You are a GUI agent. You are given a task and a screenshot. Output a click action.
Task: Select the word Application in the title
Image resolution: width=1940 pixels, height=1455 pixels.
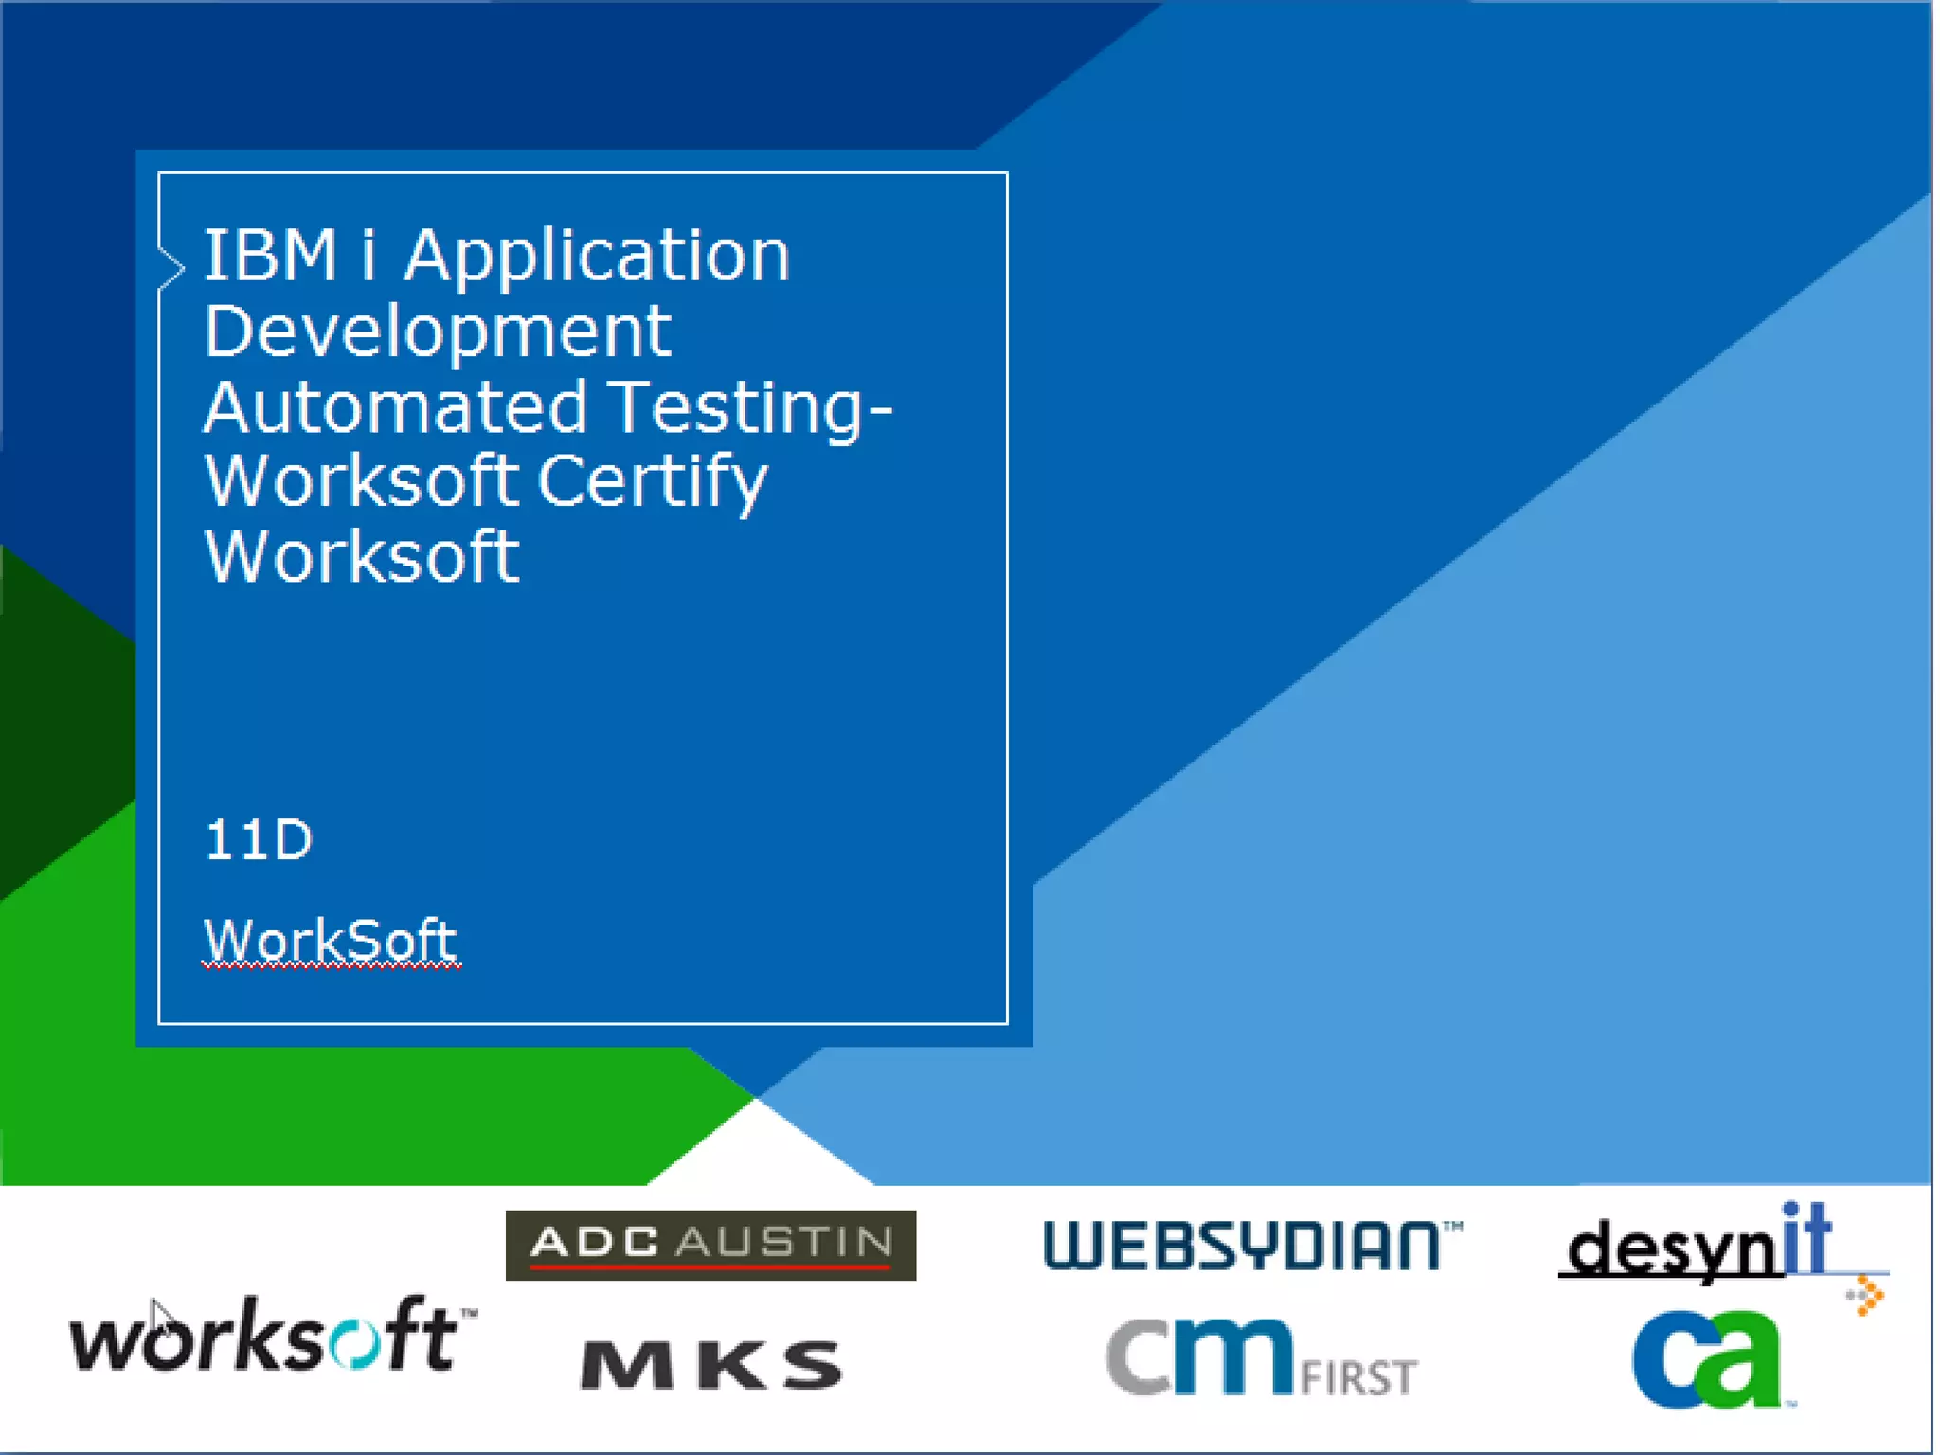597,258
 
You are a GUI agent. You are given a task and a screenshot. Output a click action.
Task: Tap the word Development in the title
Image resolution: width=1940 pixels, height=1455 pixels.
438,332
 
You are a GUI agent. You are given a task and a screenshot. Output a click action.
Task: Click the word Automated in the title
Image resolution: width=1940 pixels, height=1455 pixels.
396,407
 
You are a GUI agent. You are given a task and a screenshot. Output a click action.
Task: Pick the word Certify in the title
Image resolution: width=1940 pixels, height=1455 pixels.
653,482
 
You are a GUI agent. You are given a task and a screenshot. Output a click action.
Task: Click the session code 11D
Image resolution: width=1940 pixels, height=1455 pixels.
258,840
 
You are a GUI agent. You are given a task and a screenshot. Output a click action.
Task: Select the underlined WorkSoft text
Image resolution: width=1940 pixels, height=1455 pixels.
331,941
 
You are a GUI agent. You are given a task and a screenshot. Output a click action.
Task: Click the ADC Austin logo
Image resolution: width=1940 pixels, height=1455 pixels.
710,1245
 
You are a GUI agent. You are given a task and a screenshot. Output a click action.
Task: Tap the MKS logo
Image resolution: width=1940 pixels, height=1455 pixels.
711,1365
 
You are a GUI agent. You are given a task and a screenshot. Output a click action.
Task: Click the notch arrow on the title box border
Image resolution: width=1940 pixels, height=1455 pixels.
171,267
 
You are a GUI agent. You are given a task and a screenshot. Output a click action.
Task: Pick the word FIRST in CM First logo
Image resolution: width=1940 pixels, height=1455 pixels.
1359,1377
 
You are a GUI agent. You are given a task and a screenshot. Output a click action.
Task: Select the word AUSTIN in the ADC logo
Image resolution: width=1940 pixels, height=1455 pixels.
785,1242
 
